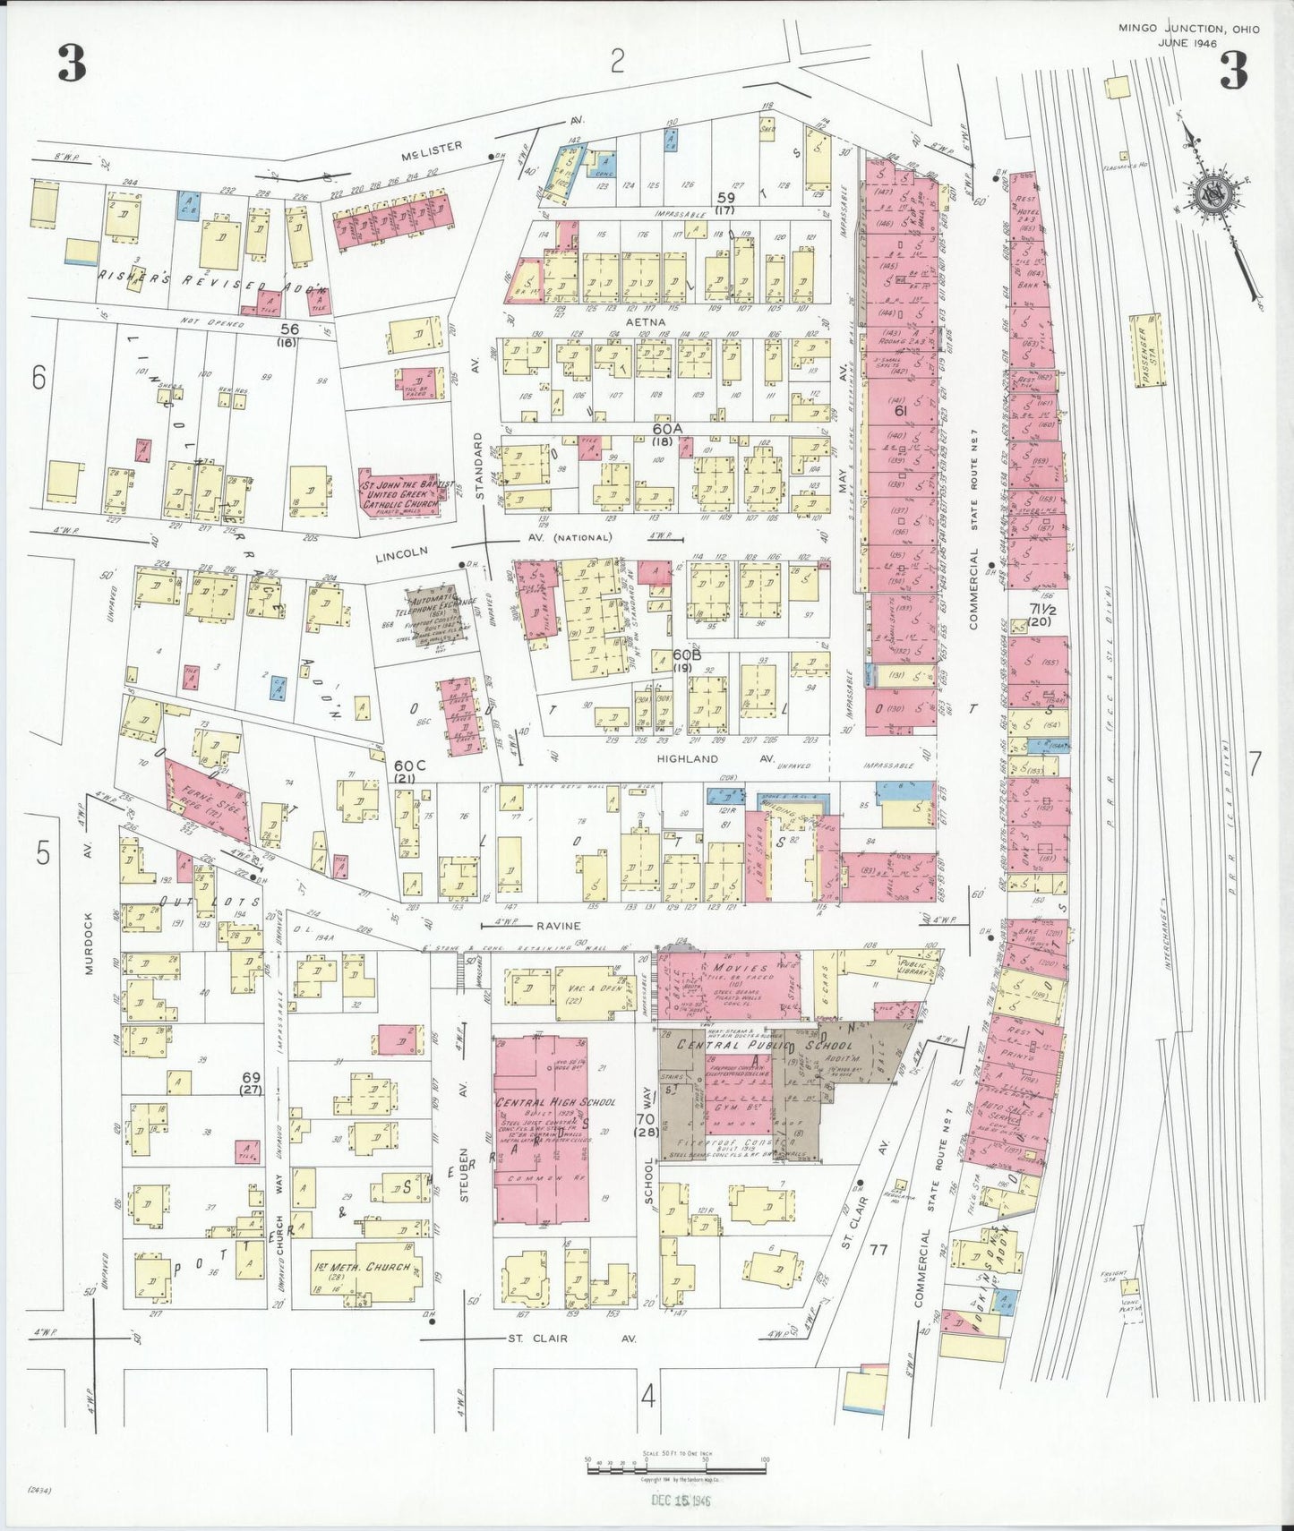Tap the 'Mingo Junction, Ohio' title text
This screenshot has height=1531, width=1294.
click(1188, 30)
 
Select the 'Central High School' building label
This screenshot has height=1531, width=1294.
click(555, 1102)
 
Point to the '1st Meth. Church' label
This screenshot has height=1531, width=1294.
click(363, 1267)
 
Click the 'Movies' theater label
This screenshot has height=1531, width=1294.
click(741, 969)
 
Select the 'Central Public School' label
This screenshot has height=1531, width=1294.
click(764, 1045)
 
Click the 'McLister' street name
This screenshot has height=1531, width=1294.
click(432, 147)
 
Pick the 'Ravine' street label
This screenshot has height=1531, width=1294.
click(559, 926)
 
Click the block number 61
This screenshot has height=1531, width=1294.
click(901, 411)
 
